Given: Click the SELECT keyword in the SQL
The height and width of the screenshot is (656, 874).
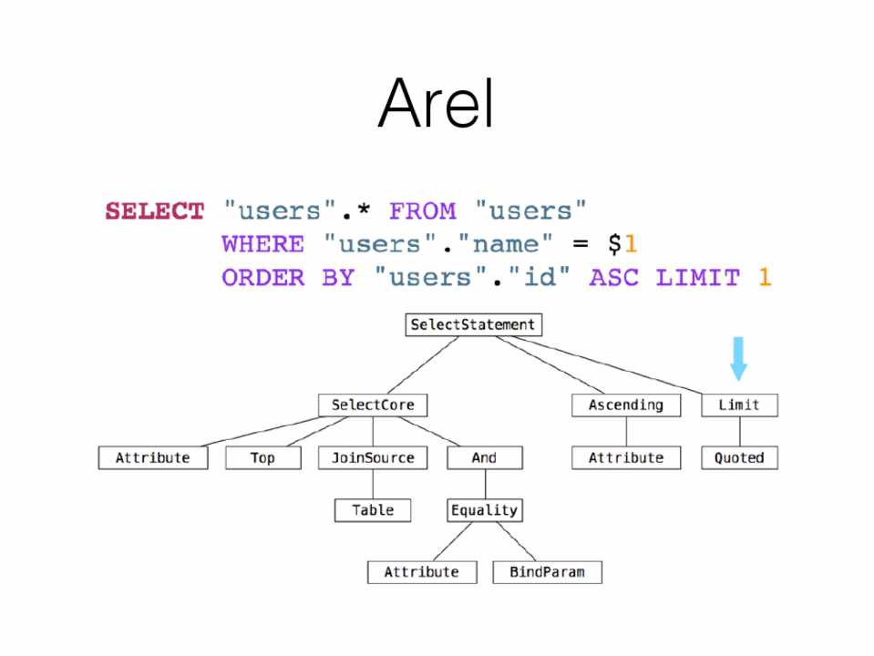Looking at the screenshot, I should coord(155,211).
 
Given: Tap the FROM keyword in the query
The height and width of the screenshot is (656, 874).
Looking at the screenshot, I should coord(422,211).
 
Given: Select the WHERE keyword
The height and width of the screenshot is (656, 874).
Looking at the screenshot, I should coord(262,244).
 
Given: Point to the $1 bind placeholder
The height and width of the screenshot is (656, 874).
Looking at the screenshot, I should coord(622,244).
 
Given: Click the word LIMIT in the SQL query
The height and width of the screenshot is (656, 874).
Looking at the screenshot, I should coord(697,277).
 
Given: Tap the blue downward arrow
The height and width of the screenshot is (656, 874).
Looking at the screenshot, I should coord(738,358).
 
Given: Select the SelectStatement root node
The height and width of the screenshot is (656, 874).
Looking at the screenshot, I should coord(473,325).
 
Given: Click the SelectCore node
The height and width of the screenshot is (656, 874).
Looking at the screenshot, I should coord(373,405).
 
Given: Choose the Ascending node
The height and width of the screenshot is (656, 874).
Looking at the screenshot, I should coord(625,405).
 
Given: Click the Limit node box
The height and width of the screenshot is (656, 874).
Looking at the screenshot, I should coord(739,405).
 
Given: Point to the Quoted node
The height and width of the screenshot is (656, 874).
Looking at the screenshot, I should coord(739,457).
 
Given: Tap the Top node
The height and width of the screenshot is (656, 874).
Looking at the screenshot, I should coord(262,457).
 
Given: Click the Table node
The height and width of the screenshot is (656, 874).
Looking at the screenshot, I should coord(373,510).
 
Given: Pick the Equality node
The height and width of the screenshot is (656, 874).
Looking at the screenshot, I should coord(484,510).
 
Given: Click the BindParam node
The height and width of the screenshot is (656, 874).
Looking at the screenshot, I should coord(547,572).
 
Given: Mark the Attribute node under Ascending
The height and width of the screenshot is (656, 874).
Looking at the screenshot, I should coord(625,457).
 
